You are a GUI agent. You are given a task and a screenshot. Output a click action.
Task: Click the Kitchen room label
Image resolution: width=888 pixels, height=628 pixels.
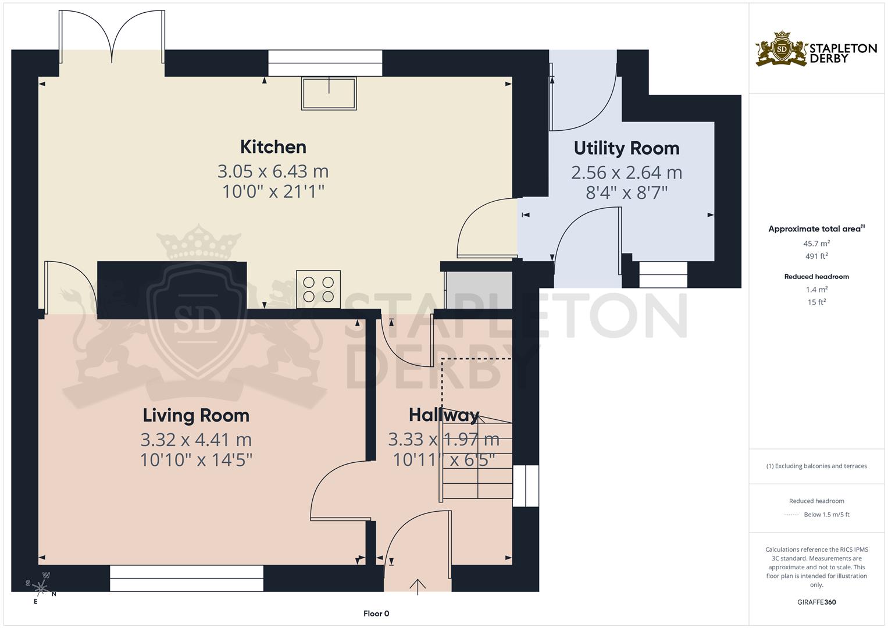click(x=273, y=147)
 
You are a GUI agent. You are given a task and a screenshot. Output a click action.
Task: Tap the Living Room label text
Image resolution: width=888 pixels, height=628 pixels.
click(x=196, y=415)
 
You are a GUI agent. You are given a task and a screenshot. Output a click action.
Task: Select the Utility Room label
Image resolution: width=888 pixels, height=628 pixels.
click(x=626, y=148)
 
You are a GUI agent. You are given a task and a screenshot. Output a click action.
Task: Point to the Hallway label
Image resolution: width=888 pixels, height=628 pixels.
click(x=444, y=415)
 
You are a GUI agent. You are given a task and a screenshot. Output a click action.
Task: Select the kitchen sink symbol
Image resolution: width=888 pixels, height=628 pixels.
click(x=329, y=94)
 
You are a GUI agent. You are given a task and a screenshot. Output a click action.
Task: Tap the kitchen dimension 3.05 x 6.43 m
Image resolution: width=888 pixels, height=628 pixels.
click(x=273, y=172)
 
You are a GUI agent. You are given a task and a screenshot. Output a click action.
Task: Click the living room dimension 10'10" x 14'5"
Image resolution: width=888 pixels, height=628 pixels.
click(x=196, y=460)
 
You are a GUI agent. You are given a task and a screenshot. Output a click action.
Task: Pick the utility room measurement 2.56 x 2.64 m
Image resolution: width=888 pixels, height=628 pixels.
click(x=626, y=173)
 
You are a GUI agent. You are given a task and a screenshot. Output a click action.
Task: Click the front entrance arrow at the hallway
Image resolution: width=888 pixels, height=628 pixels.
click(x=418, y=586)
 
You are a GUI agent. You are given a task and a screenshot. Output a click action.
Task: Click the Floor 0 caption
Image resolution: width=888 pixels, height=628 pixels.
click(x=376, y=613)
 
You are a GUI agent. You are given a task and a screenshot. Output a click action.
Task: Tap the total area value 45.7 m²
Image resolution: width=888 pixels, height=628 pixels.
click(x=816, y=244)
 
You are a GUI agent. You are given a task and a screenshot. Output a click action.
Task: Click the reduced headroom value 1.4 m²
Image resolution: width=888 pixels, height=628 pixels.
click(x=816, y=289)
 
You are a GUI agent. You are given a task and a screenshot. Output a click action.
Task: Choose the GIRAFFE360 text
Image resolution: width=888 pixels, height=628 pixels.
click(x=816, y=602)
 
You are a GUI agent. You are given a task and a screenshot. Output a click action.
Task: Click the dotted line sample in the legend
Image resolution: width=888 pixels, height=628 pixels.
click(x=791, y=515)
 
